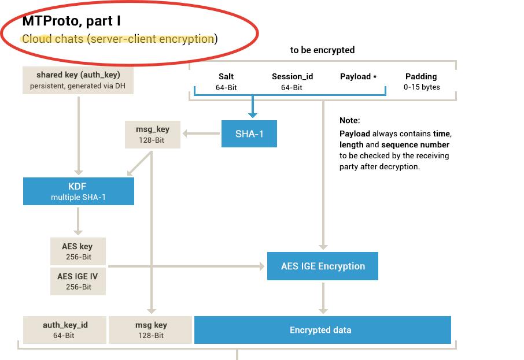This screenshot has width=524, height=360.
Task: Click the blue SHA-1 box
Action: (249, 133)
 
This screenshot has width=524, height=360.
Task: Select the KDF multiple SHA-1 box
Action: (79, 191)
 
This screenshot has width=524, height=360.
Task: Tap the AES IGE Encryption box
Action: (323, 266)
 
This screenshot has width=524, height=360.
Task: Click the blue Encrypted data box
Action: (322, 330)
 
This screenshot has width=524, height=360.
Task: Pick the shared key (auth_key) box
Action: (78, 80)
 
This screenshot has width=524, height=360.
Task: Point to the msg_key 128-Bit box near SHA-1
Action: (153, 135)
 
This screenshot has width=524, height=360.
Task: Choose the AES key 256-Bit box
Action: (78, 251)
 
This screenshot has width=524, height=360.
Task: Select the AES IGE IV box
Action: (78, 281)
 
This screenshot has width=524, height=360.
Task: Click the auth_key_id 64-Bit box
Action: (65, 330)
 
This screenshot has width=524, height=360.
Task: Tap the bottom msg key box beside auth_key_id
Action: (150, 330)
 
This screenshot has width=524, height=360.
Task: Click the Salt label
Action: (226, 76)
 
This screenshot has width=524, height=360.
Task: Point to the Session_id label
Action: (292, 76)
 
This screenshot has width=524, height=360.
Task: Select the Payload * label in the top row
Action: (358, 76)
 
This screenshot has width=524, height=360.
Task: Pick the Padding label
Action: (421, 76)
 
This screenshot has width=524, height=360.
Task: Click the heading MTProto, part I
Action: (71, 21)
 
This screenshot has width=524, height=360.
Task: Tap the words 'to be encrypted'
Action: (322, 50)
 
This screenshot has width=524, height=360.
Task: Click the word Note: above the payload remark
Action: (349, 121)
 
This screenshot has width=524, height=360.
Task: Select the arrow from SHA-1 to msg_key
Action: (201, 134)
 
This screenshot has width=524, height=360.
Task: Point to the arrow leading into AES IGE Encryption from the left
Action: (185, 266)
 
